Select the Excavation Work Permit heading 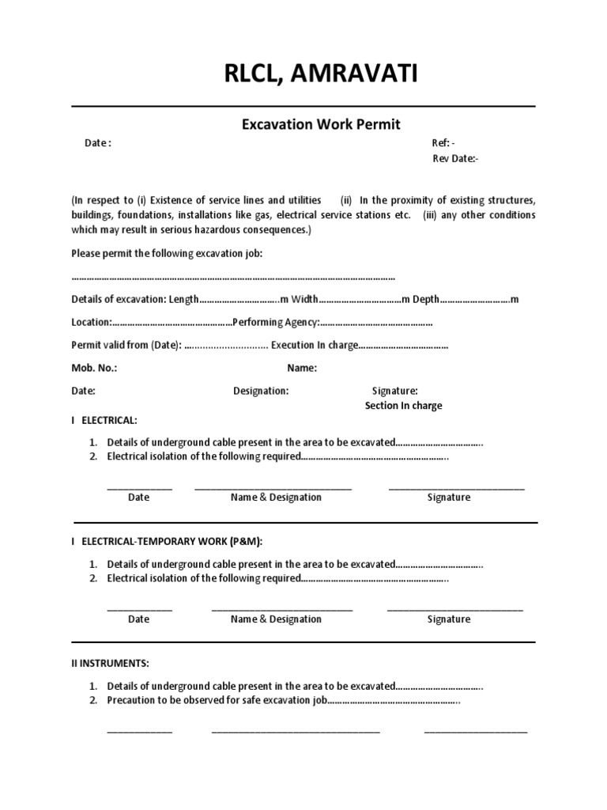click(x=321, y=124)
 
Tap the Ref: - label click(x=443, y=143)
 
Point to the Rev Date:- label click(x=455, y=159)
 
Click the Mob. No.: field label click(x=94, y=368)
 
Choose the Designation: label click(x=261, y=391)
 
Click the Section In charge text click(x=403, y=406)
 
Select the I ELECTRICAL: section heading click(x=104, y=420)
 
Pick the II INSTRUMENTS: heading click(x=110, y=663)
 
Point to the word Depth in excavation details click(x=426, y=300)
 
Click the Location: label click(x=91, y=323)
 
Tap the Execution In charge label click(x=315, y=346)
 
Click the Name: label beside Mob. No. click(x=302, y=368)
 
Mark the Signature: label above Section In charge click(x=394, y=391)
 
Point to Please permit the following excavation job click(x=167, y=254)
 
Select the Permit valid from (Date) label click(x=126, y=346)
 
